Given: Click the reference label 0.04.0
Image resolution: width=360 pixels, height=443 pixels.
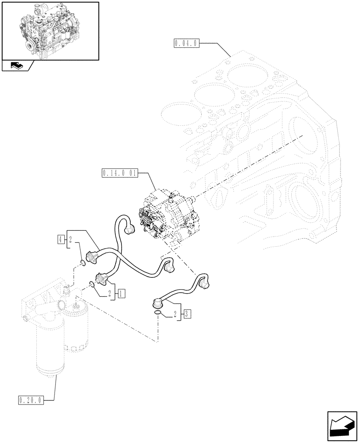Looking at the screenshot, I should tap(188, 43).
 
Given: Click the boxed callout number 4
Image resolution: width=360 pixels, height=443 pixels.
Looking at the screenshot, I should tap(60, 240).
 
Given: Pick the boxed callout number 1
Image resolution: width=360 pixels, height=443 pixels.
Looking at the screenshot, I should tap(121, 293).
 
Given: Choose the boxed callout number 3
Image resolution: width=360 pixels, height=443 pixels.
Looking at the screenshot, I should tap(188, 315).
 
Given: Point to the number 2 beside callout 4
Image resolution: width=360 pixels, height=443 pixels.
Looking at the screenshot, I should tap(70, 240).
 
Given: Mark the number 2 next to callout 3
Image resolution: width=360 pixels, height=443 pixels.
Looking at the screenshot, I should tap(176, 315).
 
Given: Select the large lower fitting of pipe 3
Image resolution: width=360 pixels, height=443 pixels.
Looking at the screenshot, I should tap(158, 303).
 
